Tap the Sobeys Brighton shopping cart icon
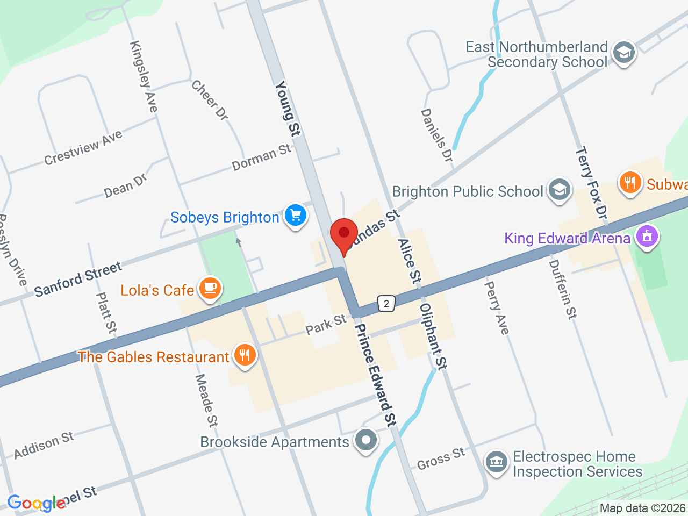click(x=295, y=216)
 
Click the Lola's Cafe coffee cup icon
click(x=210, y=289)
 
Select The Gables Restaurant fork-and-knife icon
click(x=245, y=355)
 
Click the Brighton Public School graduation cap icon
click(x=559, y=190)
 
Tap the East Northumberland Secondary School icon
click(x=624, y=53)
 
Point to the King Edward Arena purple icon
click(x=647, y=236)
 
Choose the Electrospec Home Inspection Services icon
click(x=497, y=462)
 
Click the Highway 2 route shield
click(x=386, y=304)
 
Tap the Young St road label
click(x=288, y=108)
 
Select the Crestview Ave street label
click(x=83, y=147)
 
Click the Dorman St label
click(x=262, y=157)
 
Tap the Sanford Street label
click(x=78, y=279)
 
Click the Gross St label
click(x=441, y=458)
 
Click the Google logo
click(x=37, y=504)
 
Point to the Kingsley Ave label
click(x=144, y=77)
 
